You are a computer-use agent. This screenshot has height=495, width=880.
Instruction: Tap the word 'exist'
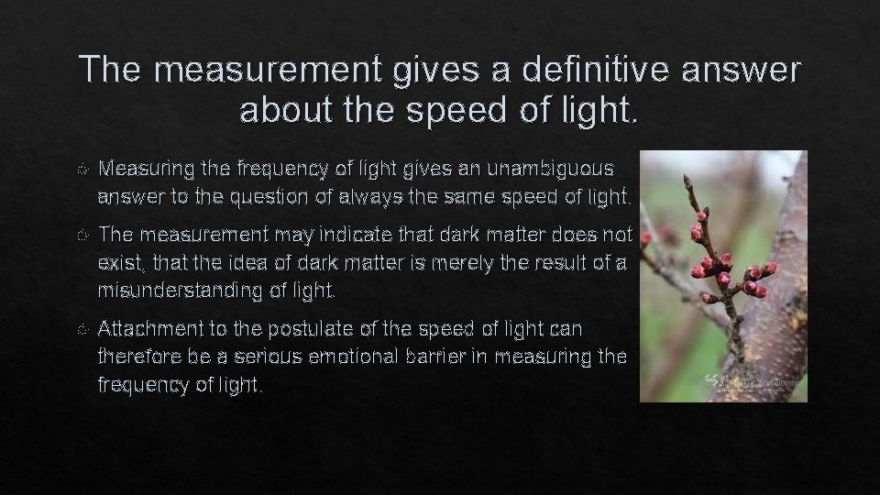click(x=117, y=265)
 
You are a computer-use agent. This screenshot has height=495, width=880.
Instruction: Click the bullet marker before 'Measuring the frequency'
click(x=82, y=170)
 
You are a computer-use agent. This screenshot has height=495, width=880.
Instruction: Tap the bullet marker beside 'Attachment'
click(x=82, y=328)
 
